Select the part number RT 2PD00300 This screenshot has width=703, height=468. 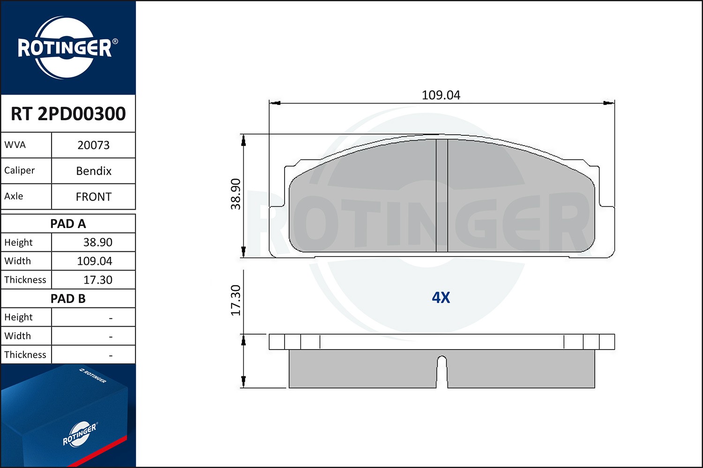pos(68,114)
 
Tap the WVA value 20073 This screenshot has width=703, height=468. pos(93,145)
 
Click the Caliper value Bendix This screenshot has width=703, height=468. pos(94,171)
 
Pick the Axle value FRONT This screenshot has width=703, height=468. pos(94,197)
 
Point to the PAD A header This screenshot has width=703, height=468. pos(68,224)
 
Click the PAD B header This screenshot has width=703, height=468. pos(68,299)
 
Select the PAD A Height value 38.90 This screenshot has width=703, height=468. pos(97,242)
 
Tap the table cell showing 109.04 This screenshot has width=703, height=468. pos(94,261)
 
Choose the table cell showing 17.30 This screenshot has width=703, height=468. pos(97,280)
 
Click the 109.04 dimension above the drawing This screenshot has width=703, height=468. pos(441,95)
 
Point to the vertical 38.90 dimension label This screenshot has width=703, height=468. pos(236,194)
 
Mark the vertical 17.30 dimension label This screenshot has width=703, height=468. pos(236,300)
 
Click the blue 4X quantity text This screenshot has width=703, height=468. pos(441,298)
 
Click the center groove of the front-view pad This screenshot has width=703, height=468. pos(441,196)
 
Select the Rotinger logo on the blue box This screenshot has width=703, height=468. pos(79,434)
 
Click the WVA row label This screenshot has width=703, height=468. pos(15,145)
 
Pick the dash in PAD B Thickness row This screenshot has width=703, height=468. pos(111,356)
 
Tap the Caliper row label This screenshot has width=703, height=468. pos(20,170)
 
